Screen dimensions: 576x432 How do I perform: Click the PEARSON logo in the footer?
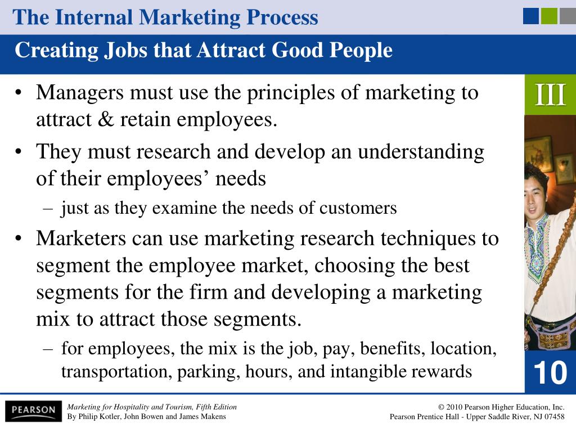(x=33, y=410)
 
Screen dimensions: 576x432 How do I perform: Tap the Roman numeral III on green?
(x=550, y=95)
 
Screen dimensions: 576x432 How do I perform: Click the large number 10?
(x=550, y=372)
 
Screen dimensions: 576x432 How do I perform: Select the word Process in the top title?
(x=282, y=17)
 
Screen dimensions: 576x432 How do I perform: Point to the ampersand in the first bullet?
(x=106, y=119)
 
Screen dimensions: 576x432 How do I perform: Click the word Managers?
(x=80, y=93)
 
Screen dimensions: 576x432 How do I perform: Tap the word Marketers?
(x=81, y=238)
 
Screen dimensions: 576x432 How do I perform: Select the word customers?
(x=358, y=208)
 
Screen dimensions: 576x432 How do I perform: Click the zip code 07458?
(x=553, y=417)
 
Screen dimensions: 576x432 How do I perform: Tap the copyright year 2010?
(x=454, y=407)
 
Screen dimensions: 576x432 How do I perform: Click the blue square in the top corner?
(x=531, y=16)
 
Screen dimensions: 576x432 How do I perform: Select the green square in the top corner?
(x=549, y=16)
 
